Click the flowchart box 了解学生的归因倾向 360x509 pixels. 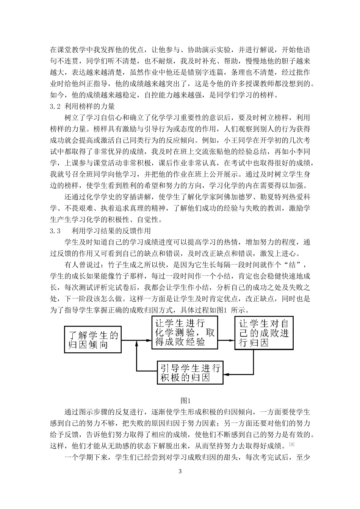(93, 339)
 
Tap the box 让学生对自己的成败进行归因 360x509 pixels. (264, 333)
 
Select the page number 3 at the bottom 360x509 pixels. (180, 471)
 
